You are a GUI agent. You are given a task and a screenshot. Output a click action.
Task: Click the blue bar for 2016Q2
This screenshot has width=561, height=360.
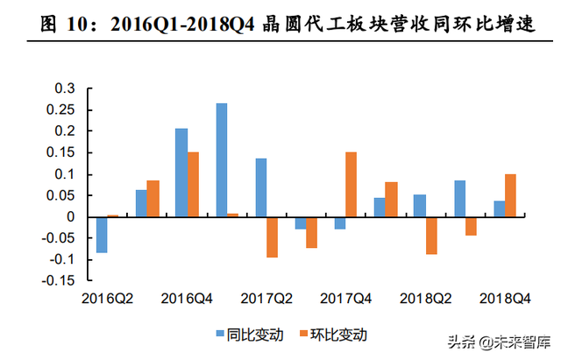(x=102, y=235)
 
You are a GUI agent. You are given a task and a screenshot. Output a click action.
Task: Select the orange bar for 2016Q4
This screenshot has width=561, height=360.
(x=193, y=184)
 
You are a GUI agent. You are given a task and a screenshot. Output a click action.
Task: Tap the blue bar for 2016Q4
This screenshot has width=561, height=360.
(x=181, y=173)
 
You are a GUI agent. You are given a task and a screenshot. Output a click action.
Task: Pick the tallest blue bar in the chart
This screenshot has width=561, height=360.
(x=221, y=160)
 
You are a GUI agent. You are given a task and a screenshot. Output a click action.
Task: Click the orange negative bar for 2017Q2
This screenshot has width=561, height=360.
(x=273, y=237)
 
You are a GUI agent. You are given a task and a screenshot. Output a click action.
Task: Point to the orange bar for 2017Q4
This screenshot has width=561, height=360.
(x=351, y=184)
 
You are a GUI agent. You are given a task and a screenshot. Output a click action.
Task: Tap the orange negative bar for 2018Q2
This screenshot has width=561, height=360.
(x=431, y=236)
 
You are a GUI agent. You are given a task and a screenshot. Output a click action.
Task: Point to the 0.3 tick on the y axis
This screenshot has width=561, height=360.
(x=65, y=88)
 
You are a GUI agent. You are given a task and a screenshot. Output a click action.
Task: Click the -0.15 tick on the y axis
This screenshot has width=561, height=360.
(x=60, y=281)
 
